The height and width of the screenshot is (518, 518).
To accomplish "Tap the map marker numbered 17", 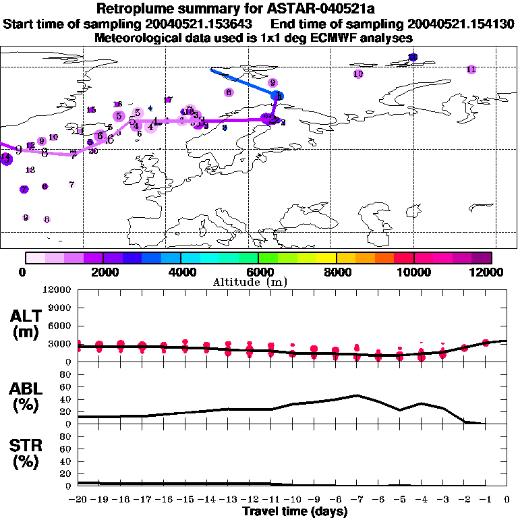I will click(168, 100).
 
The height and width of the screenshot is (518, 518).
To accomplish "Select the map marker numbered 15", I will click(92, 110).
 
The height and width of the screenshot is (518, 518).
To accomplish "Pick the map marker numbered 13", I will click(30, 170).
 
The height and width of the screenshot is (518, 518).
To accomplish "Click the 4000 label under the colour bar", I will click(181, 272).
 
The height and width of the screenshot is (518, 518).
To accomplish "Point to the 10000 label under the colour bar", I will click(413, 272).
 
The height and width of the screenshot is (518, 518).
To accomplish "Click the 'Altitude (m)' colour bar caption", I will click(259, 281).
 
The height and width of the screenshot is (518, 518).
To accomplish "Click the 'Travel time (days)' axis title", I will click(295, 512).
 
